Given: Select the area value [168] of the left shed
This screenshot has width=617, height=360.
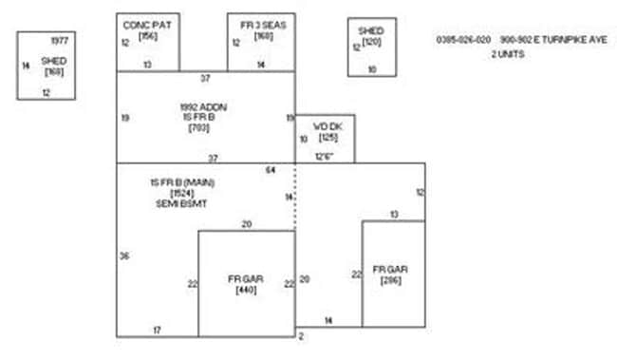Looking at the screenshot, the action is (x=53, y=71).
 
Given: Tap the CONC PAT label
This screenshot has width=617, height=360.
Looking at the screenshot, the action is (x=147, y=25).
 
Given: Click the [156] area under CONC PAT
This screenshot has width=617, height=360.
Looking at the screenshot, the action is (x=147, y=35).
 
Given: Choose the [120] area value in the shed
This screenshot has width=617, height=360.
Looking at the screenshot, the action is (x=371, y=42).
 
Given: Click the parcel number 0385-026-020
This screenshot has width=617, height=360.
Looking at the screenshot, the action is (x=463, y=40).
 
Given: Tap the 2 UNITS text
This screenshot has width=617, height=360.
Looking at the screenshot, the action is (x=508, y=54).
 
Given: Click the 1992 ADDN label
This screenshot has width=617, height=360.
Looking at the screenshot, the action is (x=202, y=105).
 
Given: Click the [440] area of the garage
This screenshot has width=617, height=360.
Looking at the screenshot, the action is (x=246, y=290).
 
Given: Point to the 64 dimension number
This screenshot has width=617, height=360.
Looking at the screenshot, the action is (x=271, y=169).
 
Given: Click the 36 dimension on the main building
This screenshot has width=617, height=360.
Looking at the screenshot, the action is (x=124, y=256).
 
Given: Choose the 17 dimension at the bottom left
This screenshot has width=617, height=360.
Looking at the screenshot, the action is (x=158, y=330).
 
